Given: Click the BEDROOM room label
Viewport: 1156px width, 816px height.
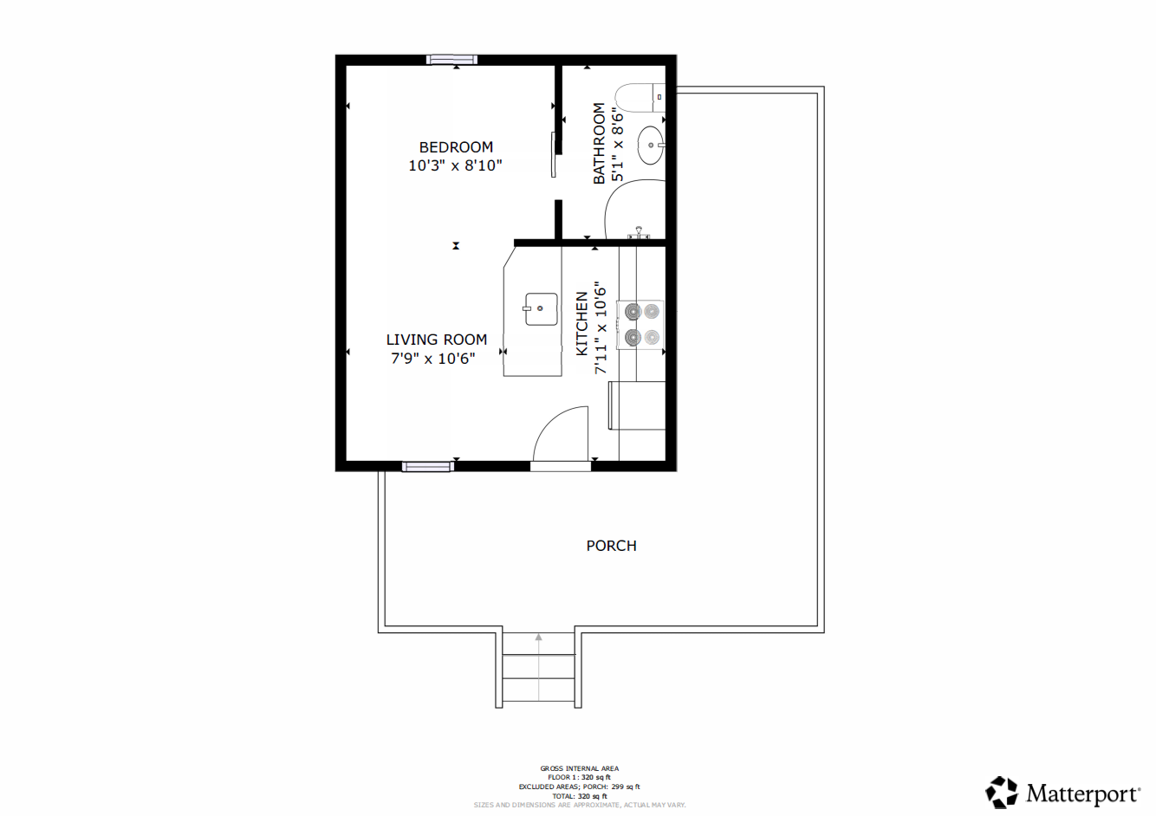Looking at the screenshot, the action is (456, 147).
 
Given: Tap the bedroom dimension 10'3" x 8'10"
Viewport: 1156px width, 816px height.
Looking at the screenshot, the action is (455, 165).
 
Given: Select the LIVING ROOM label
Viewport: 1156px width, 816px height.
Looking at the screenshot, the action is (437, 340).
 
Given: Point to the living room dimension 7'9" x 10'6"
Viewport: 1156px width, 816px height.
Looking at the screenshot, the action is (433, 359).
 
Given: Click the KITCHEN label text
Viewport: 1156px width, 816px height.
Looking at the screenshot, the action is (581, 323).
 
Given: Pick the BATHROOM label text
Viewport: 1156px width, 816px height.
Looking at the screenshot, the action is (599, 144).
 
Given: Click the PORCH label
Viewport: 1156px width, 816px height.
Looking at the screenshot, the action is (611, 546).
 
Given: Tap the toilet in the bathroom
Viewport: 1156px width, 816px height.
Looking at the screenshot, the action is (640, 98).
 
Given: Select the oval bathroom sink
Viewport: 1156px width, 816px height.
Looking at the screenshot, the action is (652, 146).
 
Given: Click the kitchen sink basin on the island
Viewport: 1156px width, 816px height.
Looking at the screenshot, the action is (541, 309).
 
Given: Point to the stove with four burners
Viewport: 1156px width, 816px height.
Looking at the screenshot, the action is (640, 326).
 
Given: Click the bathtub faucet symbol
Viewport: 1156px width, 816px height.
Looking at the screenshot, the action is (639, 233).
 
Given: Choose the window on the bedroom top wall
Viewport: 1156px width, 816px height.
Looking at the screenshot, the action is (451, 60).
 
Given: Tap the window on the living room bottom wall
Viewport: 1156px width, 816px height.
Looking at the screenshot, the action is (428, 467).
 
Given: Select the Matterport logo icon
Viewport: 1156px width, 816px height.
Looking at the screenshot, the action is (1002, 792).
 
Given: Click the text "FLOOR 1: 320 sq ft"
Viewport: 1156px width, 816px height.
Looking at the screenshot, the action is (579, 777).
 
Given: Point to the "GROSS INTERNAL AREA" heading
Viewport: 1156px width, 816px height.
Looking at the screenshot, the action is (579, 768).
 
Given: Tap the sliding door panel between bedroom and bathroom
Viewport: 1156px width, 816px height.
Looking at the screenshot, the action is (554, 155).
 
